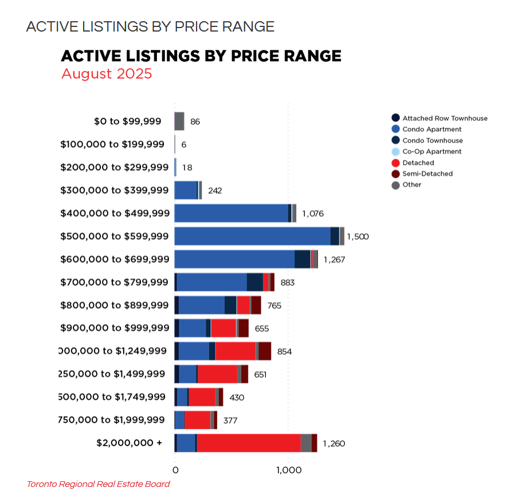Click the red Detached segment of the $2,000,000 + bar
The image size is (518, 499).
click(x=249, y=443)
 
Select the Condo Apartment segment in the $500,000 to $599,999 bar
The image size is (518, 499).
click(x=252, y=236)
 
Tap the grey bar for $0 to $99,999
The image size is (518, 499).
click(x=179, y=122)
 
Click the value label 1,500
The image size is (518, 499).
click(x=358, y=237)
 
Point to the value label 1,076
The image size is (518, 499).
click(x=313, y=214)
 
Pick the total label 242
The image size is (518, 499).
click(x=216, y=191)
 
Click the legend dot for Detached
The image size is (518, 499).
click(x=395, y=163)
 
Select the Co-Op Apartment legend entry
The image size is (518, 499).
click(x=431, y=151)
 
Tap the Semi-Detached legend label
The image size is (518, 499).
click(x=427, y=174)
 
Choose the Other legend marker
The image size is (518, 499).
click(x=395, y=185)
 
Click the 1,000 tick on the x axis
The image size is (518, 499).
click(x=288, y=471)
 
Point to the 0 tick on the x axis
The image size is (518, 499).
click(x=175, y=471)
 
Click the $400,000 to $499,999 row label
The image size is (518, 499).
click(x=115, y=213)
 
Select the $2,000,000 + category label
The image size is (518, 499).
click(x=129, y=443)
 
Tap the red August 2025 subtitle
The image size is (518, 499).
click(x=107, y=74)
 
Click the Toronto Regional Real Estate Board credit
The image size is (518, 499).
click(x=99, y=484)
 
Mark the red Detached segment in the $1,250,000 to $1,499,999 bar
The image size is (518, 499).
click(x=217, y=374)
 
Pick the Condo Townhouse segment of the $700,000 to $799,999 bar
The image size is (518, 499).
click(x=254, y=282)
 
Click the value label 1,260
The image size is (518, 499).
click(x=333, y=443)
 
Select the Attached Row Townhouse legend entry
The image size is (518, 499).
click(x=445, y=118)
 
